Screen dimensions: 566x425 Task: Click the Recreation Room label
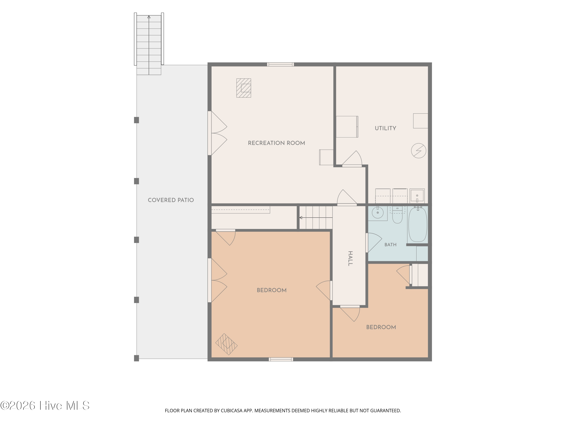(x=276, y=143)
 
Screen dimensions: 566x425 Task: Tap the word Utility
(x=385, y=128)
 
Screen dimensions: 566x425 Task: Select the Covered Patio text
(x=171, y=200)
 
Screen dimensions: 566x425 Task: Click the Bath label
(x=391, y=245)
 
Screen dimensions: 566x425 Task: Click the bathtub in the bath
(x=418, y=224)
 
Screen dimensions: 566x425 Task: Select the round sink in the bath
(x=378, y=212)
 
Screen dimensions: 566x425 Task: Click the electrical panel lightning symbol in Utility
(x=419, y=151)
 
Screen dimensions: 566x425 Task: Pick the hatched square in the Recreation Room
(x=244, y=88)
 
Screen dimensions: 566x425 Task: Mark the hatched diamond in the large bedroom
(x=226, y=344)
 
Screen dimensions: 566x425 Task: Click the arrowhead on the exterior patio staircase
(x=149, y=17)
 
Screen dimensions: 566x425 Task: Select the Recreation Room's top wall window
(x=280, y=64)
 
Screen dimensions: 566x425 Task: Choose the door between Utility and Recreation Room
(x=352, y=159)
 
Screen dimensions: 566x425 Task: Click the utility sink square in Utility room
(x=417, y=196)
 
